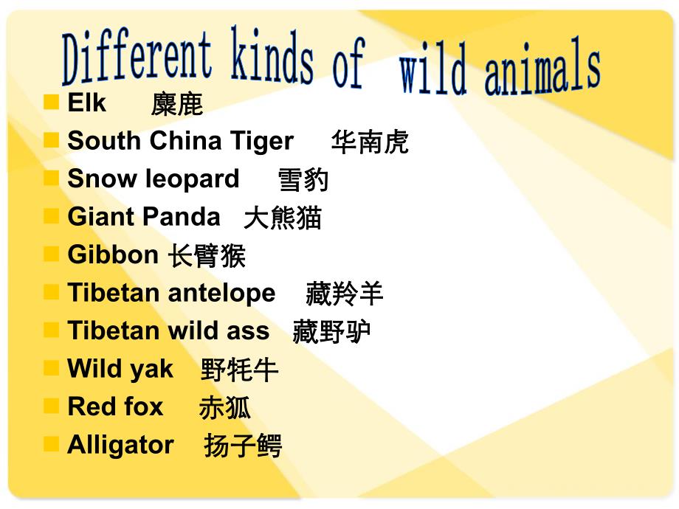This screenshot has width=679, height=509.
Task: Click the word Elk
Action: [x=86, y=103]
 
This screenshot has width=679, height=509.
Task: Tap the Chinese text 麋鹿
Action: [x=177, y=105]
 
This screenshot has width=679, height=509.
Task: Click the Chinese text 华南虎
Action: [x=370, y=142]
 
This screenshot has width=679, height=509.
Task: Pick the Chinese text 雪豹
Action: [x=303, y=181]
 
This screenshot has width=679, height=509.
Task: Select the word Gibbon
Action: [x=113, y=254]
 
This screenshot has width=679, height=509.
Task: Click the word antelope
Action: [x=223, y=293]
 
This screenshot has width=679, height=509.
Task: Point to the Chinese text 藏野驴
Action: [x=331, y=332]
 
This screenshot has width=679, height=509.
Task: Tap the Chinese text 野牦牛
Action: [x=239, y=370]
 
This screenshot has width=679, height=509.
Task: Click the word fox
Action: [x=144, y=406]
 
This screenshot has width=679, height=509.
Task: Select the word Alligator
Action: [x=120, y=445]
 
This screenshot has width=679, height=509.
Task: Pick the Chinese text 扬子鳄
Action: [x=243, y=446]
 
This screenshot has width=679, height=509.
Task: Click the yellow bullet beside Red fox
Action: [x=51, y=406]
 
